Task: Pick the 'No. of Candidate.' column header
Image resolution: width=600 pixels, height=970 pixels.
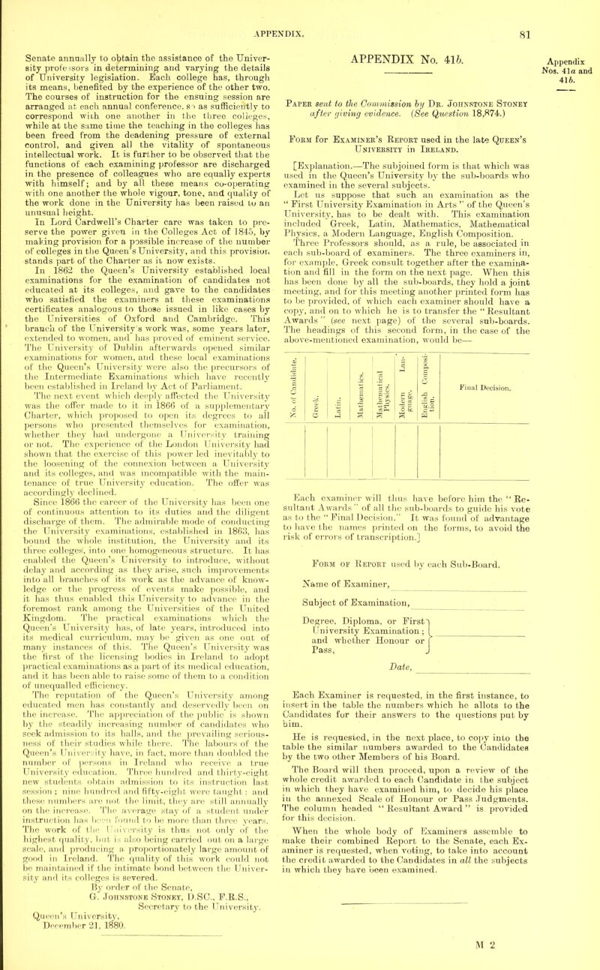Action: [x=321, y=296]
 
